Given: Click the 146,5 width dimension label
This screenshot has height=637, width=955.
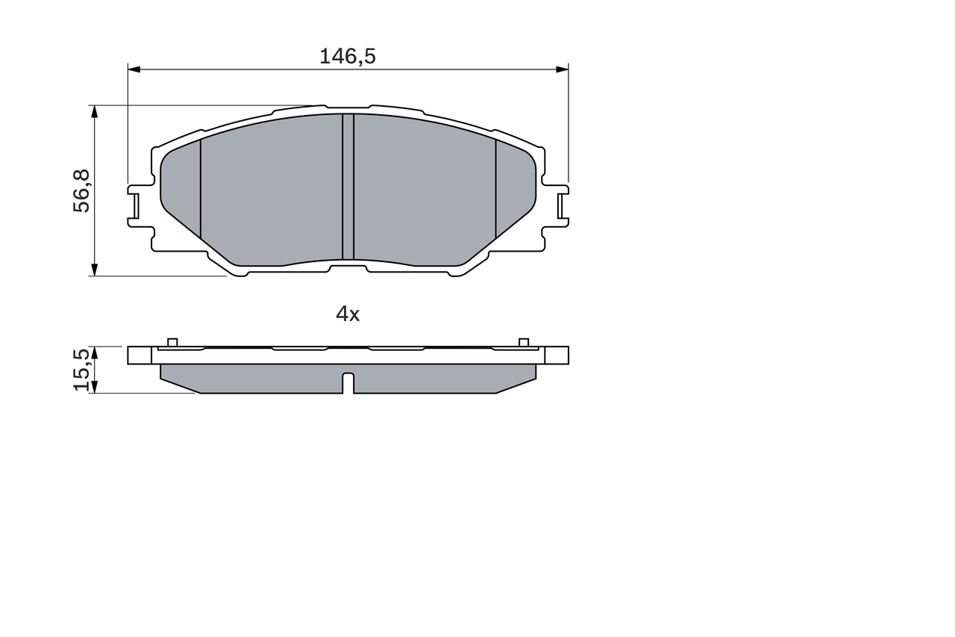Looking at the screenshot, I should [347, 56].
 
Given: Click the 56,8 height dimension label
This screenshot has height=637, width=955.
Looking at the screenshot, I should [81, 191].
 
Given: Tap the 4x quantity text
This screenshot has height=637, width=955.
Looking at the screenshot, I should [348, 314].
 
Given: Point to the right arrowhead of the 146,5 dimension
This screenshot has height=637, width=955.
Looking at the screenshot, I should [562, 69].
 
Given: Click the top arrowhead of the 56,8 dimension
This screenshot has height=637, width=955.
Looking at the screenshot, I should [94, 111].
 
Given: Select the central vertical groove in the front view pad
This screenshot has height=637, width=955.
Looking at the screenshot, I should [348, 187].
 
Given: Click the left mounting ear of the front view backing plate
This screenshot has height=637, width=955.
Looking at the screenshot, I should [134, 203].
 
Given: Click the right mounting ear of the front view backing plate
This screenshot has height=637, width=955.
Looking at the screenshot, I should [562, 203].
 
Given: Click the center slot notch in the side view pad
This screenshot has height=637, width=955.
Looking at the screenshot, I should [348, 382].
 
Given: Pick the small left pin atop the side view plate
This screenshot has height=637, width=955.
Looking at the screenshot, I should [172, 342].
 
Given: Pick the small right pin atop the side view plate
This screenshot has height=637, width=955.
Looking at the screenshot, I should [524, 342].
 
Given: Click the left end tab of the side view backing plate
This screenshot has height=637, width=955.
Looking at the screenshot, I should [140, 355].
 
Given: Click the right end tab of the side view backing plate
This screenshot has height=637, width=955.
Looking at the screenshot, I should [557, 355].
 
